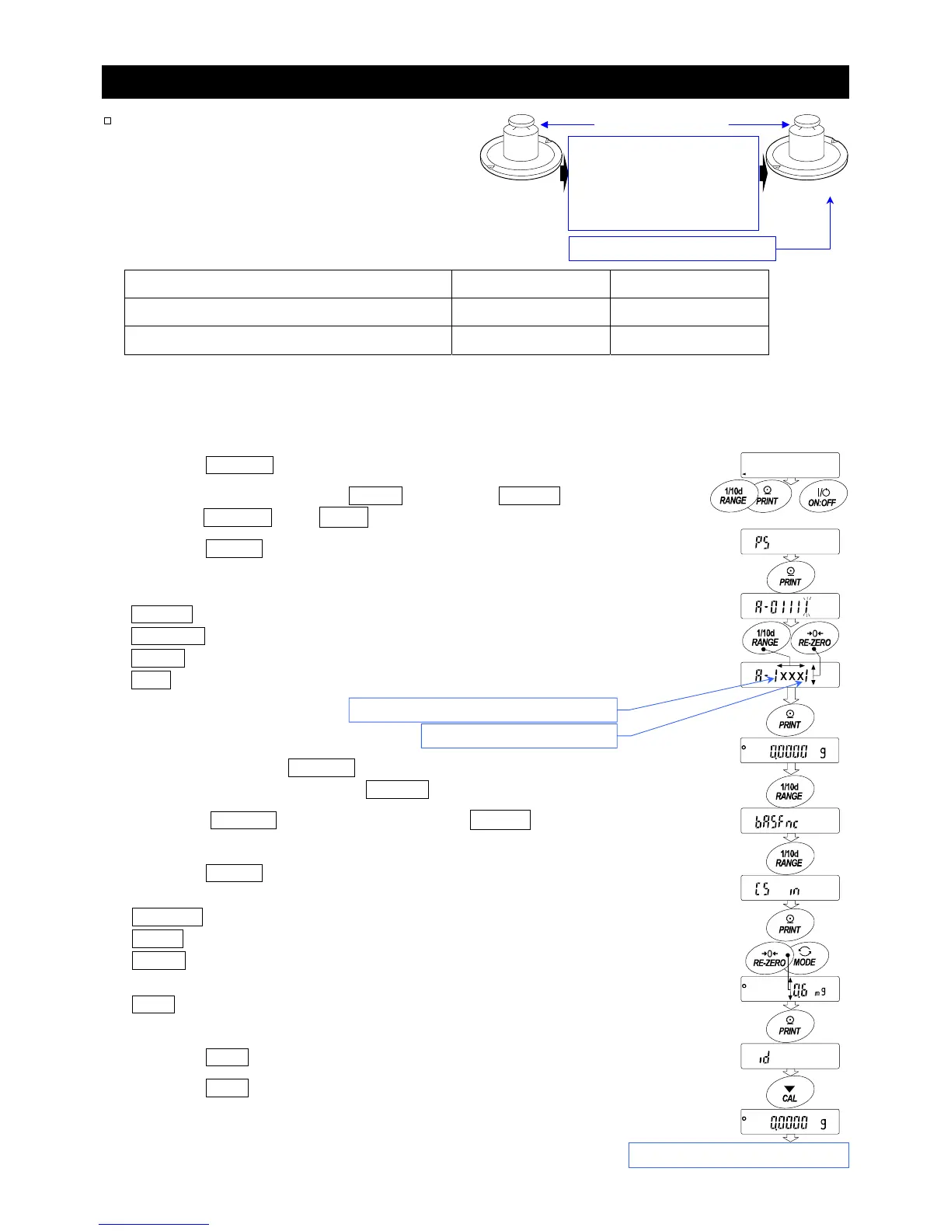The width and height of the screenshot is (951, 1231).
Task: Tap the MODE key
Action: click(x=805, y=957)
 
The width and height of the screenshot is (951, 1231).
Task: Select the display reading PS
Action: click(x=789, y=542)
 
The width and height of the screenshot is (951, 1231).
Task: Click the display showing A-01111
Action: click(x=789, y=606)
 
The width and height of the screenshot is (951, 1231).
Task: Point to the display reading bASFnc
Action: click(x=789, y=821)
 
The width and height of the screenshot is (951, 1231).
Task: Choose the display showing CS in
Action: click(x=789, y=888)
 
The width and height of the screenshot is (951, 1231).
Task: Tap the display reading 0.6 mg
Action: click(x=789, y=989)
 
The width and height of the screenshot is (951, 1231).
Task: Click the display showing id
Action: click(x=789, y=1057)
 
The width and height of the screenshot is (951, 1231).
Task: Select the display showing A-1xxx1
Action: click(x=789, y=675)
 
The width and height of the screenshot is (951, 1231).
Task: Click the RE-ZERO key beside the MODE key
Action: click(x=768, y=957)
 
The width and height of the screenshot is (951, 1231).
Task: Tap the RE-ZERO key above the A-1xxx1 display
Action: click(x=814, y=637)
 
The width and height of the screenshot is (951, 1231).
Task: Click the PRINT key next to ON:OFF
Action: click(x=768, y=496)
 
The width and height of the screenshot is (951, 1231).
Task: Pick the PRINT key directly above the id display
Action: click(x=789, y=1025)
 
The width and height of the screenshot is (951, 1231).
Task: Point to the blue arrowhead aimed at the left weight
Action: click(x=545, y=124)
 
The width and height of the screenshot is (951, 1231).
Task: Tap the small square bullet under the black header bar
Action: click(x=108, y=120)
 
